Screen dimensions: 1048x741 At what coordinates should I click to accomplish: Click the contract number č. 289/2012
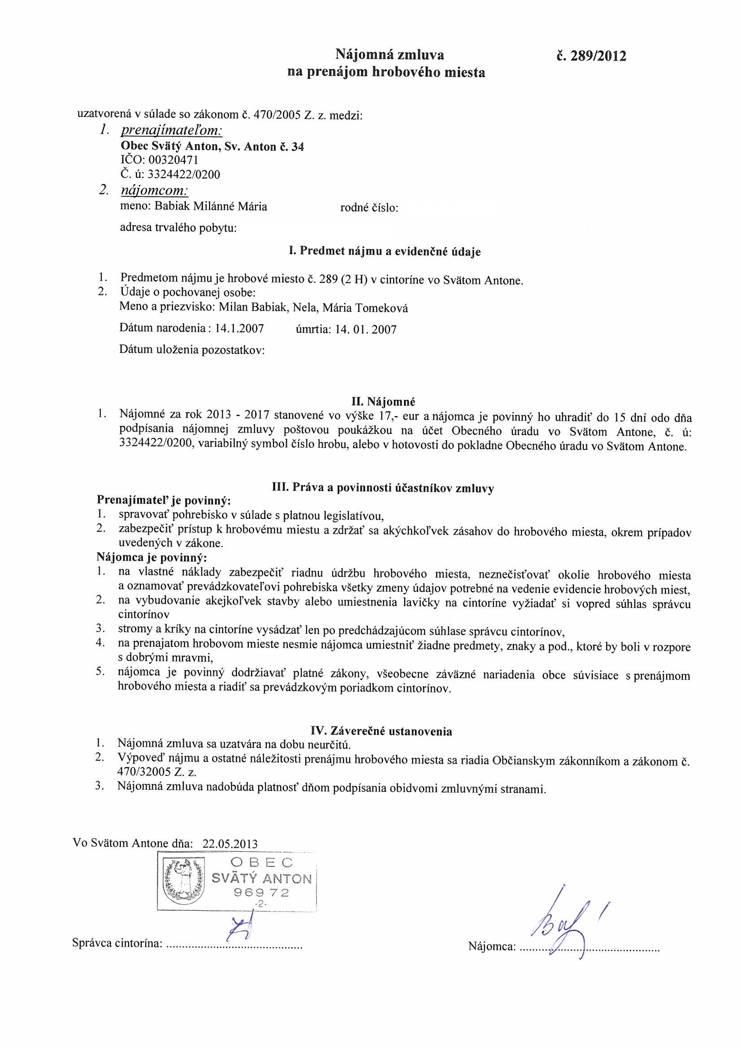pos(589,56)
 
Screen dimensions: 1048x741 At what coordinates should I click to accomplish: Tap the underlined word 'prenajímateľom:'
pos(171,131)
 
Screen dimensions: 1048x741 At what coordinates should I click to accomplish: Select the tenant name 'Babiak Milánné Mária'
pos(211,206)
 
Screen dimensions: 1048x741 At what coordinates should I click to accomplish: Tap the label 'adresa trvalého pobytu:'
pos(178,228)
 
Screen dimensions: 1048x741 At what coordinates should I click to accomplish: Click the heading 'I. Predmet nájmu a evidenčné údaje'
pos(385,251)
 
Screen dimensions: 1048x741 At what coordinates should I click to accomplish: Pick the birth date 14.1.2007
pos(239,328)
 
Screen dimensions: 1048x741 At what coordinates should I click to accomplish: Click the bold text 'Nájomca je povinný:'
pos(152,557)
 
